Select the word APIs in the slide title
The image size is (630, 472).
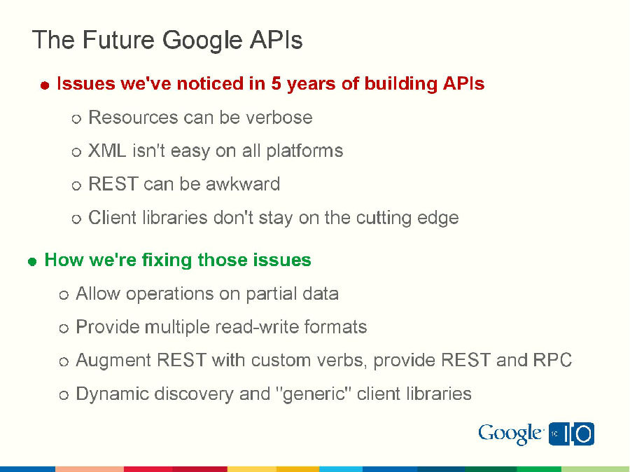coord(275,40)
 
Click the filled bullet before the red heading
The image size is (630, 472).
coord(44,85)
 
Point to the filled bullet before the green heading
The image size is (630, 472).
coord(31,261)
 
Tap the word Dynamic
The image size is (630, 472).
coord(112,394)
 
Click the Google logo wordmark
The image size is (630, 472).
coord(510,434)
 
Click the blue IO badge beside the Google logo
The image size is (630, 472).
coord(571,434)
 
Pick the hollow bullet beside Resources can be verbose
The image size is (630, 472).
coord(77,118)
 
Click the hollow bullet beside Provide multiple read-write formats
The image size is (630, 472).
coord(64,328)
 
